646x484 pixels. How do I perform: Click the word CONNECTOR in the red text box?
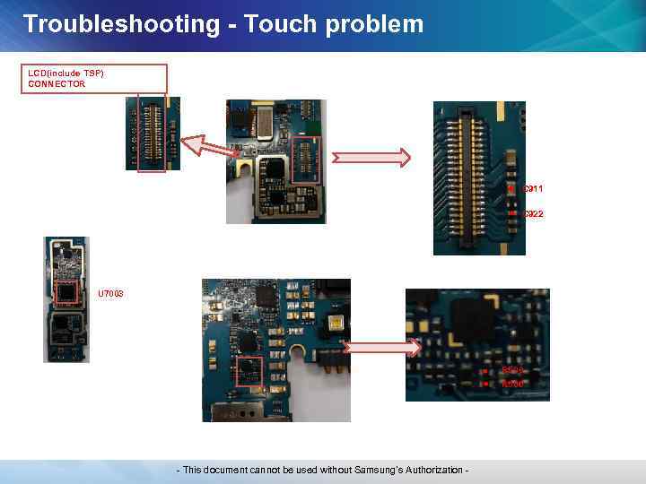(x=57, y=84)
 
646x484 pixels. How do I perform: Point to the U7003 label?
(x=111, y=294)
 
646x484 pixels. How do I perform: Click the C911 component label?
(x=532, y=189)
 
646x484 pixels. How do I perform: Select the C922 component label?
(x=532, y=214)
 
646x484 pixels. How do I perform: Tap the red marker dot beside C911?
(x=511, y=189)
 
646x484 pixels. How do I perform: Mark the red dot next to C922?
(x=511, y=214)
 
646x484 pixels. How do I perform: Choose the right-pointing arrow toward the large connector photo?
(x=371, y=158)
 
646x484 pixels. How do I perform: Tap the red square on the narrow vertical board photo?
(x=65, y=293)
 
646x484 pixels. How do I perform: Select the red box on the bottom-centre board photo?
(x=249, y=373)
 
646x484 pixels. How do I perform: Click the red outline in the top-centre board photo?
(x=306, y=161)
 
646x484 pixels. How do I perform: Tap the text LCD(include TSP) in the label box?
(x=65, y=73)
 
